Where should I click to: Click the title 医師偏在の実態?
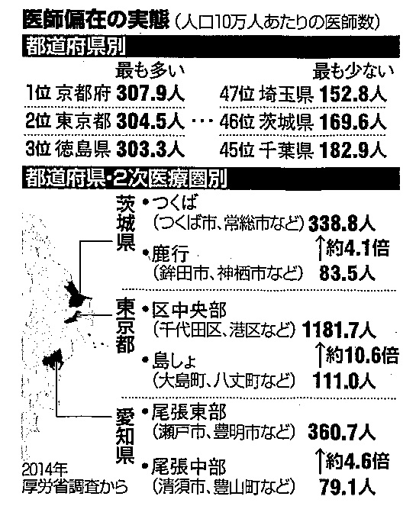pos(96,20)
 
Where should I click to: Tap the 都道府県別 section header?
pos(76,48)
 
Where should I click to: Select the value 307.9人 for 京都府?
pos(150,94)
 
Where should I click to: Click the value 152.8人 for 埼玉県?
pos(353,95)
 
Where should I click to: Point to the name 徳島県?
pos(83,150)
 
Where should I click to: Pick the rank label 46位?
pos(237,122)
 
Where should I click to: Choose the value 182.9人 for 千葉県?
pos(353,150)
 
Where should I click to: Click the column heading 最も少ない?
pos(353,72)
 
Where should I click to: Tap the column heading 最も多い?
pos(150,71)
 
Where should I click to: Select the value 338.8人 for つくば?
pos(342,224)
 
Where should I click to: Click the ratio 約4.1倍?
pos(357,249)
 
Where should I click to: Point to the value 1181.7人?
pos(339,330)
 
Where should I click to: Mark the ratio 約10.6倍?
pos(362,355)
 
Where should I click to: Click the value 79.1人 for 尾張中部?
pos(347,488)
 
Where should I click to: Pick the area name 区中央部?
pos(189,310)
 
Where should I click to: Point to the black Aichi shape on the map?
pos(54,359)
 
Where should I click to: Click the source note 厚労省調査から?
pos(75,487)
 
